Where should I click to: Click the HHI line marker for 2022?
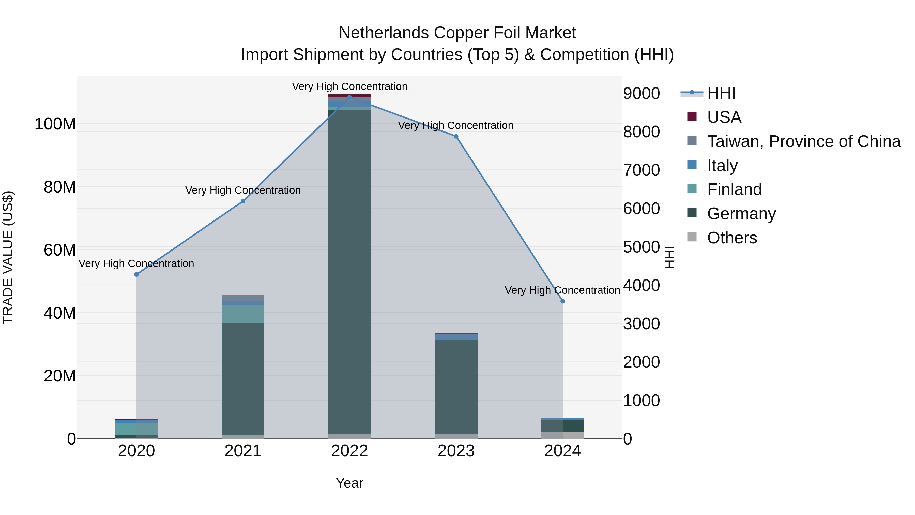point(349,97)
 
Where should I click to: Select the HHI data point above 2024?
point(563,301)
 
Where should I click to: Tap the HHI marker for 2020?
point(136,274)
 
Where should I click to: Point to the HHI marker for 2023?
point(456,137)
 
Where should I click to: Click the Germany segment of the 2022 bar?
point(349,270)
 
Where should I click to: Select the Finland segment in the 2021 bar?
point(243,314)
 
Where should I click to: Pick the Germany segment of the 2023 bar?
point(456,387)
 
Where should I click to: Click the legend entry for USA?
point(724,117)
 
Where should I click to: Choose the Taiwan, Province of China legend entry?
point(803,141)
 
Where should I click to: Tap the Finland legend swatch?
point(692,189)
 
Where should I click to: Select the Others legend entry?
point(732,238)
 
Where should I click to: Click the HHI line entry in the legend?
point(721,93)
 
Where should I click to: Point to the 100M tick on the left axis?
point(55,124)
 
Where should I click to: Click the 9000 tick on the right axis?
point(642,94)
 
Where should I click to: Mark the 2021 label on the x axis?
point(243,451)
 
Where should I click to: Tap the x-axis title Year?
point(349,483)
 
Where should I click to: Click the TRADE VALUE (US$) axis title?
point(8,257)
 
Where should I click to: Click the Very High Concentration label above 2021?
point(243,190)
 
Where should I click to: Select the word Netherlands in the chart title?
point(384,33)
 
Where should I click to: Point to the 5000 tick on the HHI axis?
point(642,247)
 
